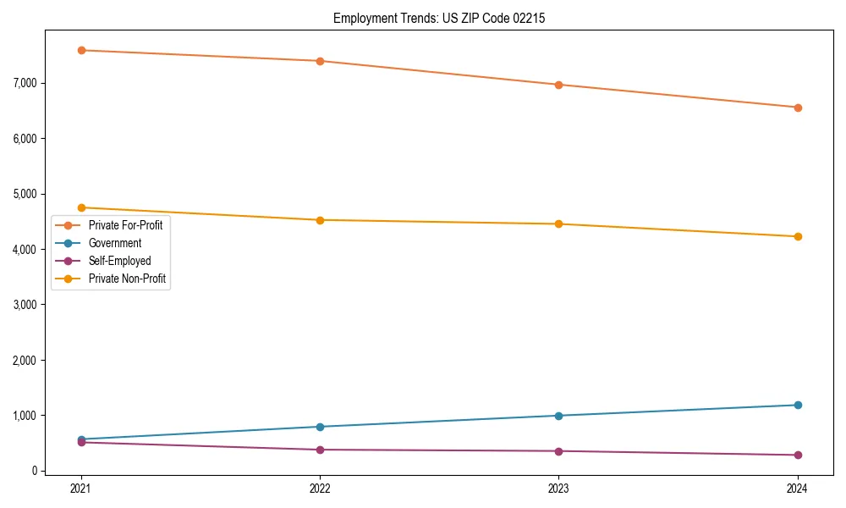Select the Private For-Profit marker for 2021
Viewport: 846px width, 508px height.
[81, 50]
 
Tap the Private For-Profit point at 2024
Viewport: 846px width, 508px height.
[797, 108]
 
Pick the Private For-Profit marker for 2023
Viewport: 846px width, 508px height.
[558, 85]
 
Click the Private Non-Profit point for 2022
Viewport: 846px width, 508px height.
[320, 220]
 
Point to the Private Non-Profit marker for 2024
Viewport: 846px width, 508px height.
[797, 236]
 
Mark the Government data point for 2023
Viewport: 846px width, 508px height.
[558, 416]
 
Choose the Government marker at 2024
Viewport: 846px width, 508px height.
[797, 405]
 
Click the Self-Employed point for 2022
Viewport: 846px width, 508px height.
[320, 450]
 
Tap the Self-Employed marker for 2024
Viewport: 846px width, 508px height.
[797, 456]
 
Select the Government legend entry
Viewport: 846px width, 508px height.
[115, 243]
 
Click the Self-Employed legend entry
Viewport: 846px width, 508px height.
[119, 261]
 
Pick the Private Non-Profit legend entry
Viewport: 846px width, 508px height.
[127, 278]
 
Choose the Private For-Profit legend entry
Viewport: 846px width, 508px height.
[125, 225]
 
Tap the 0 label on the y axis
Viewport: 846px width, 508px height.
[36, 472]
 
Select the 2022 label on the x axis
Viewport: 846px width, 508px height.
[320, 488]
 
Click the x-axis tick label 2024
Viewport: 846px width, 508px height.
[797, 488]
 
